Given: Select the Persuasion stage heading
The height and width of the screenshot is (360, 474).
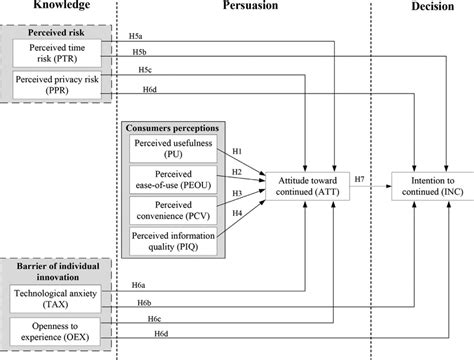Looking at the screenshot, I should coord(242,6).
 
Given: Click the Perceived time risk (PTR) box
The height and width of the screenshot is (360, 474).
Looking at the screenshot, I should coord(57,51).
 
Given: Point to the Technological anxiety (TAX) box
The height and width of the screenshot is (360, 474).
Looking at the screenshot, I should coord(57,297).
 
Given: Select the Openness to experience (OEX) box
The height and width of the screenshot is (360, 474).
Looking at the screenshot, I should coord(57,331).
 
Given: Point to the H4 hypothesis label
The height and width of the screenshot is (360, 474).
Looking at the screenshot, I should coord(237,212).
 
